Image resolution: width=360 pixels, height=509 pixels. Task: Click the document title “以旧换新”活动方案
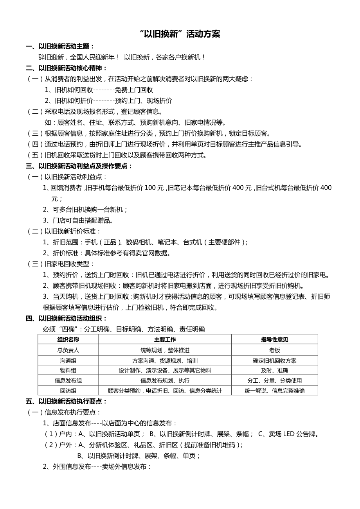pos(180,34)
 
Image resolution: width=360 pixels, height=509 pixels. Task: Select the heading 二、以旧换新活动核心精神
pos(66,68)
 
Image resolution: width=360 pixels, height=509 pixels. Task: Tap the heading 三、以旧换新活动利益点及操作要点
pos(79,166)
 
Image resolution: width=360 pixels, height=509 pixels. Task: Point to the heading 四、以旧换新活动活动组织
pos(66,318)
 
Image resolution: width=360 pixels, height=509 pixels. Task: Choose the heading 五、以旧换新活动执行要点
pos(66,401)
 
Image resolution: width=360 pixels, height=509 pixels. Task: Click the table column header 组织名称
pos(68,339)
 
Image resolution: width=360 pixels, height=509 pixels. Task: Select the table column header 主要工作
pos(165,339)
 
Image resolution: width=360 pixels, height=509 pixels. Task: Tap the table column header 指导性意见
pos(274,339)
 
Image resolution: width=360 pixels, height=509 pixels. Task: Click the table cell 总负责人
pos(68,350)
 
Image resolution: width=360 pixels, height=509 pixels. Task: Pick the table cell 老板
pos(274,350)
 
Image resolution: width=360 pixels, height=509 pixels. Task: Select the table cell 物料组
pos(68,370)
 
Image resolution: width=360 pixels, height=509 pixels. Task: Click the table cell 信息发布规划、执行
pos(165,380)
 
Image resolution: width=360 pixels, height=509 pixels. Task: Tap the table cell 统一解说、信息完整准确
pos(274,391)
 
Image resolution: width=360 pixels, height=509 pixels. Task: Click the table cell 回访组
pos(68,391)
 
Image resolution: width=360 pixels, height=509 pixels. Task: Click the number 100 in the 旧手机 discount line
pos(150,188)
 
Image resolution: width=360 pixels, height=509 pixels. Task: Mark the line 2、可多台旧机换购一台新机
pos(85,210)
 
